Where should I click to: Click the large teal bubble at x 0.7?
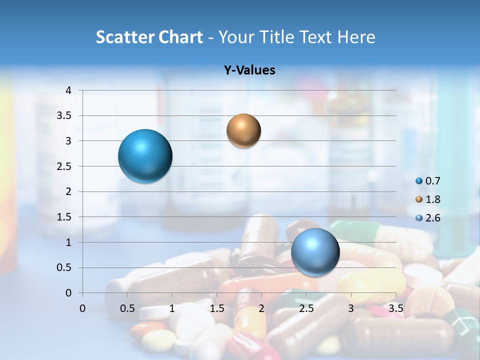click(x=145, y=156)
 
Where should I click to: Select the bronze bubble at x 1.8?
click(x=243, y=130)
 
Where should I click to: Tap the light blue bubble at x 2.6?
click(x=315, y=252)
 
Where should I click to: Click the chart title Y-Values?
click(x=249, y=70)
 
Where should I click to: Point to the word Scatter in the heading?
click(x=124, y=37)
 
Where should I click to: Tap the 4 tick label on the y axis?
click(x=68, y=90)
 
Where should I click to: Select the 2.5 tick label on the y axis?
click(x=64, y=166)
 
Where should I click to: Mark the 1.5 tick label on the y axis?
click(x=64, y=217)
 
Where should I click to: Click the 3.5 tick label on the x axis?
click(x=395, y=308)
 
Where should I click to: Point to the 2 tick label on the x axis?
click(x=261, y=308)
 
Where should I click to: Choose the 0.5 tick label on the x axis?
click(x=127, y=308)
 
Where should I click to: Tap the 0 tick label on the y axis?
click(x=68, y=293)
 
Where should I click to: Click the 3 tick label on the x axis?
click(x=351, y=308)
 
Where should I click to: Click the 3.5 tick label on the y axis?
click(x=64, y=116)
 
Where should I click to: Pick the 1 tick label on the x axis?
click(x=172, y=308)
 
